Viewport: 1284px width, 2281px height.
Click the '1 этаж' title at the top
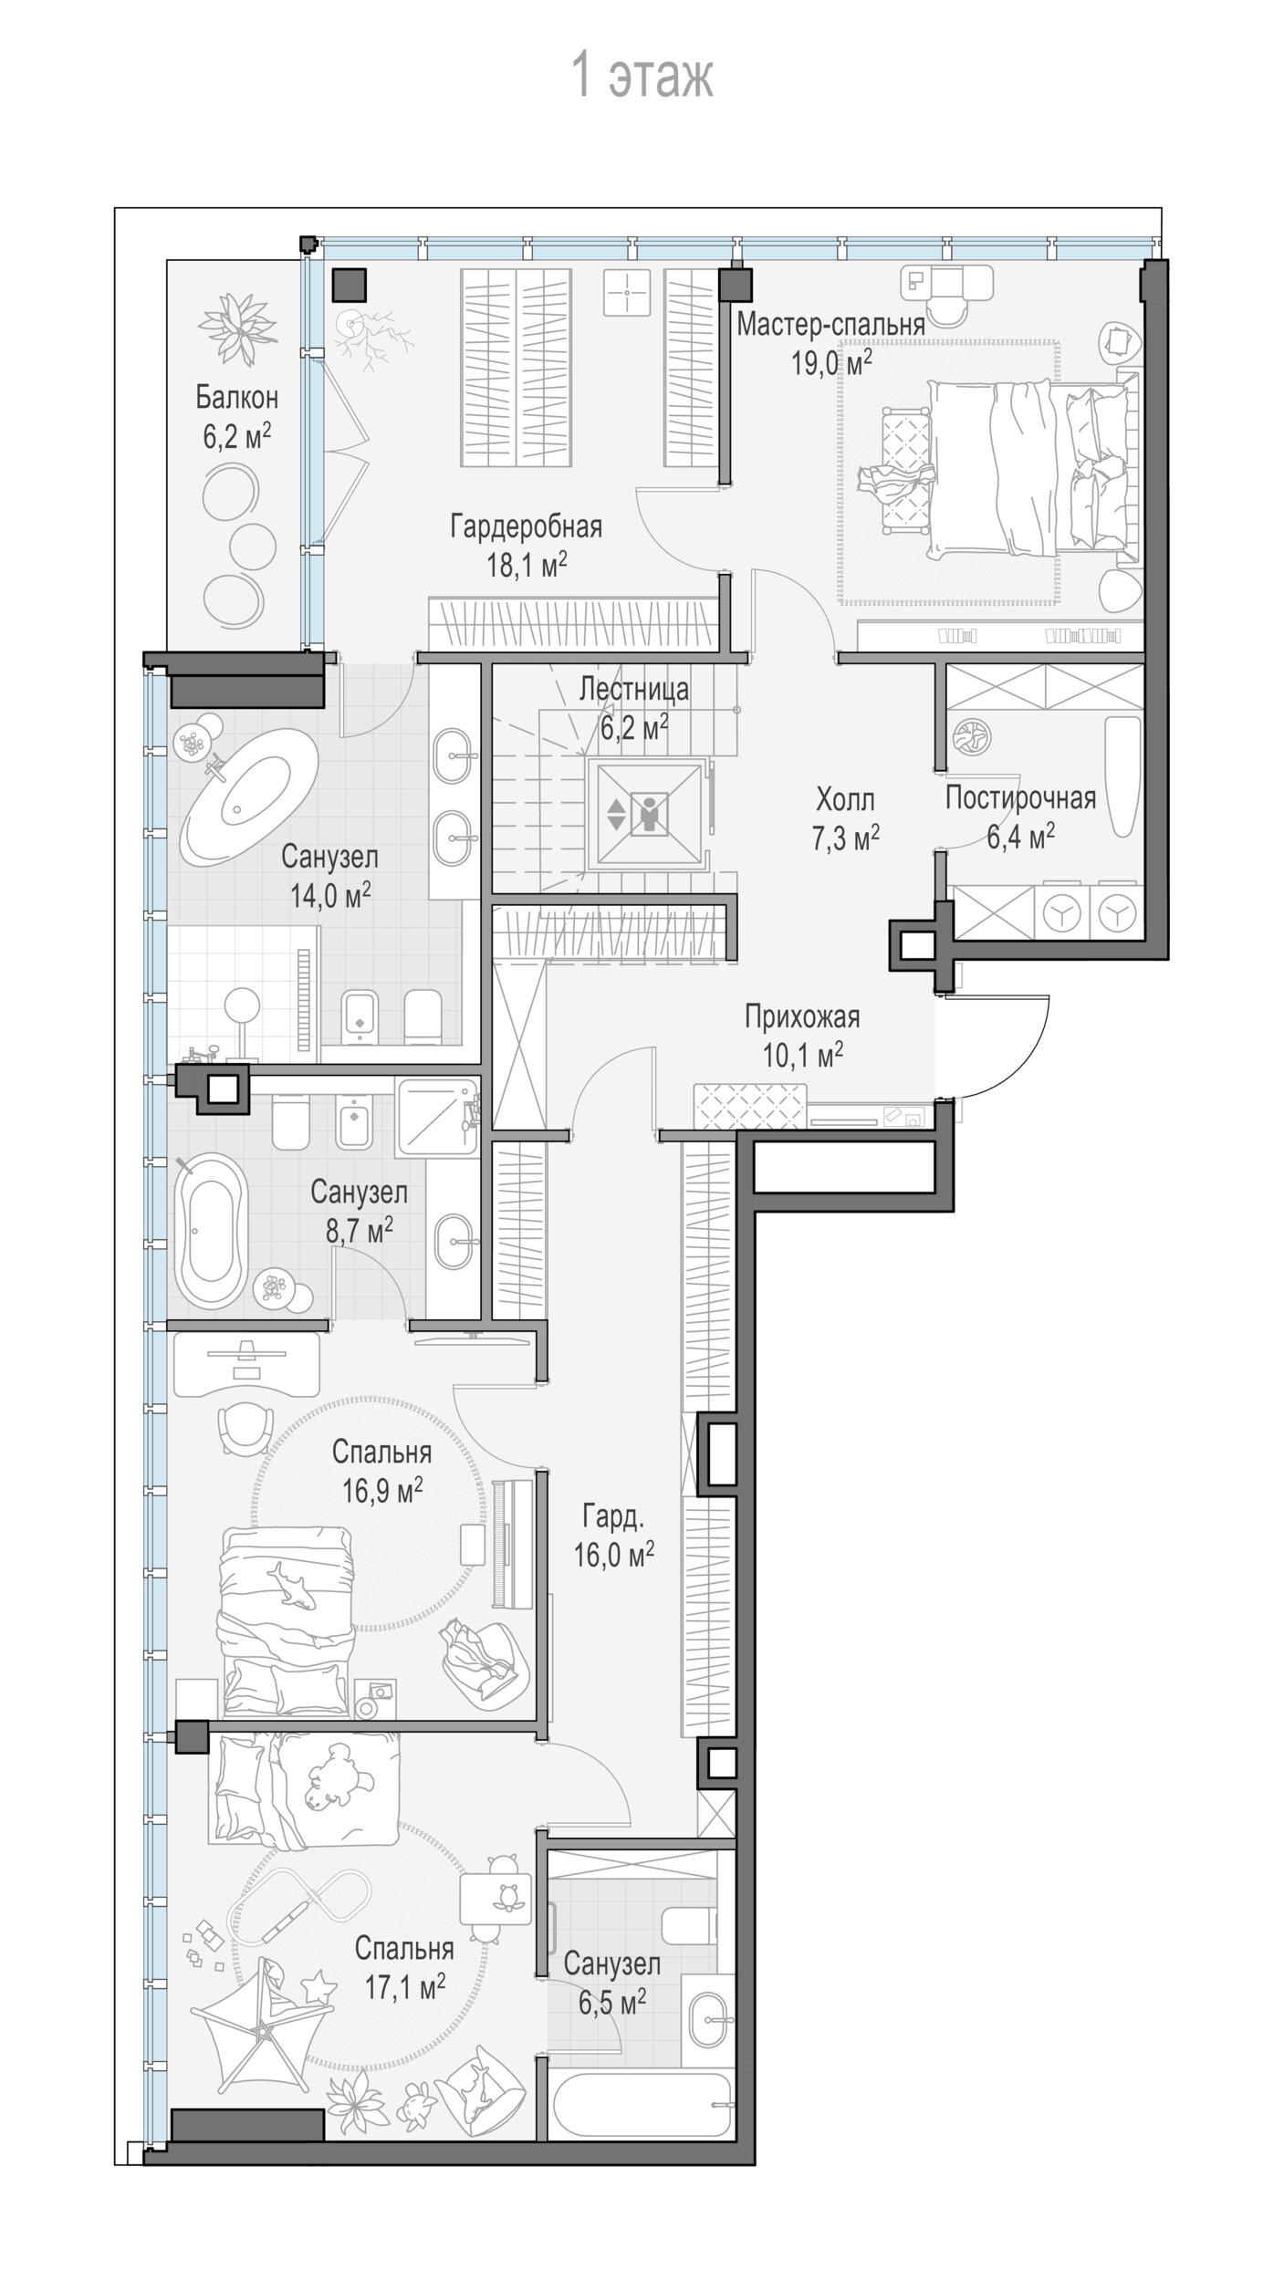point(642,76)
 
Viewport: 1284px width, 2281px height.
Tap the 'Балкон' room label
point(237,398)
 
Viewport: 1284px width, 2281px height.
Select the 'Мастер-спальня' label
point(830,324)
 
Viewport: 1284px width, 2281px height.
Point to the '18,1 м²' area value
point(527,565)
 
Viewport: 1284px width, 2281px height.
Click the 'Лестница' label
point(634,689)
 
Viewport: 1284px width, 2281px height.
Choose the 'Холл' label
point(845,800)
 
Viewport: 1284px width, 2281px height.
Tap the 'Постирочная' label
point(1020,797)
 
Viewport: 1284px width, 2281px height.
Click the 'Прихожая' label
point(802,1016)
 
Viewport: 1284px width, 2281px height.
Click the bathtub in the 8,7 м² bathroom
point(211,1232)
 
